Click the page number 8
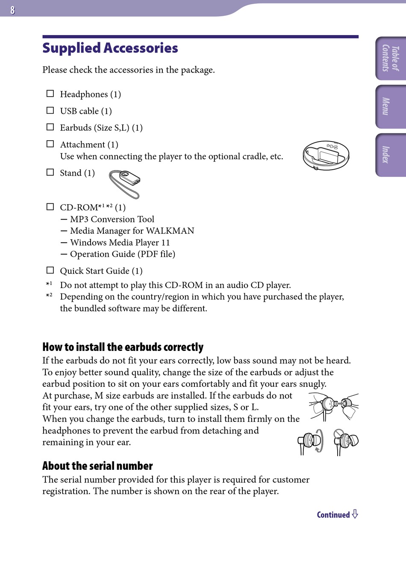click(12, 10)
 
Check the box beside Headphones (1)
click(50, 94)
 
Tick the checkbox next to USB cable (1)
click(50, 110)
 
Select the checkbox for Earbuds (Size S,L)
click(50, 127)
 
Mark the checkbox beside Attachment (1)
click(50, 144)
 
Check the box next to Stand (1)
click(50, 172)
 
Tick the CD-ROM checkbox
click(50, 207)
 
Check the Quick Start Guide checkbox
click(50, 270)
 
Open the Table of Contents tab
click(391, 59)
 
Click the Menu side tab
click(391, 106)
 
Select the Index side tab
click(391, 155)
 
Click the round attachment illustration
click(326, 155)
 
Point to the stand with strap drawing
click(125, 183)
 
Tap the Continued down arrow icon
click(355, 514)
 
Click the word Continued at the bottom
click(333, 515)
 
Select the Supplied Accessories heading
click(110, 48)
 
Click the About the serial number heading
click(97, 465)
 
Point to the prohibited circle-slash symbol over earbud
click(339, 434)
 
